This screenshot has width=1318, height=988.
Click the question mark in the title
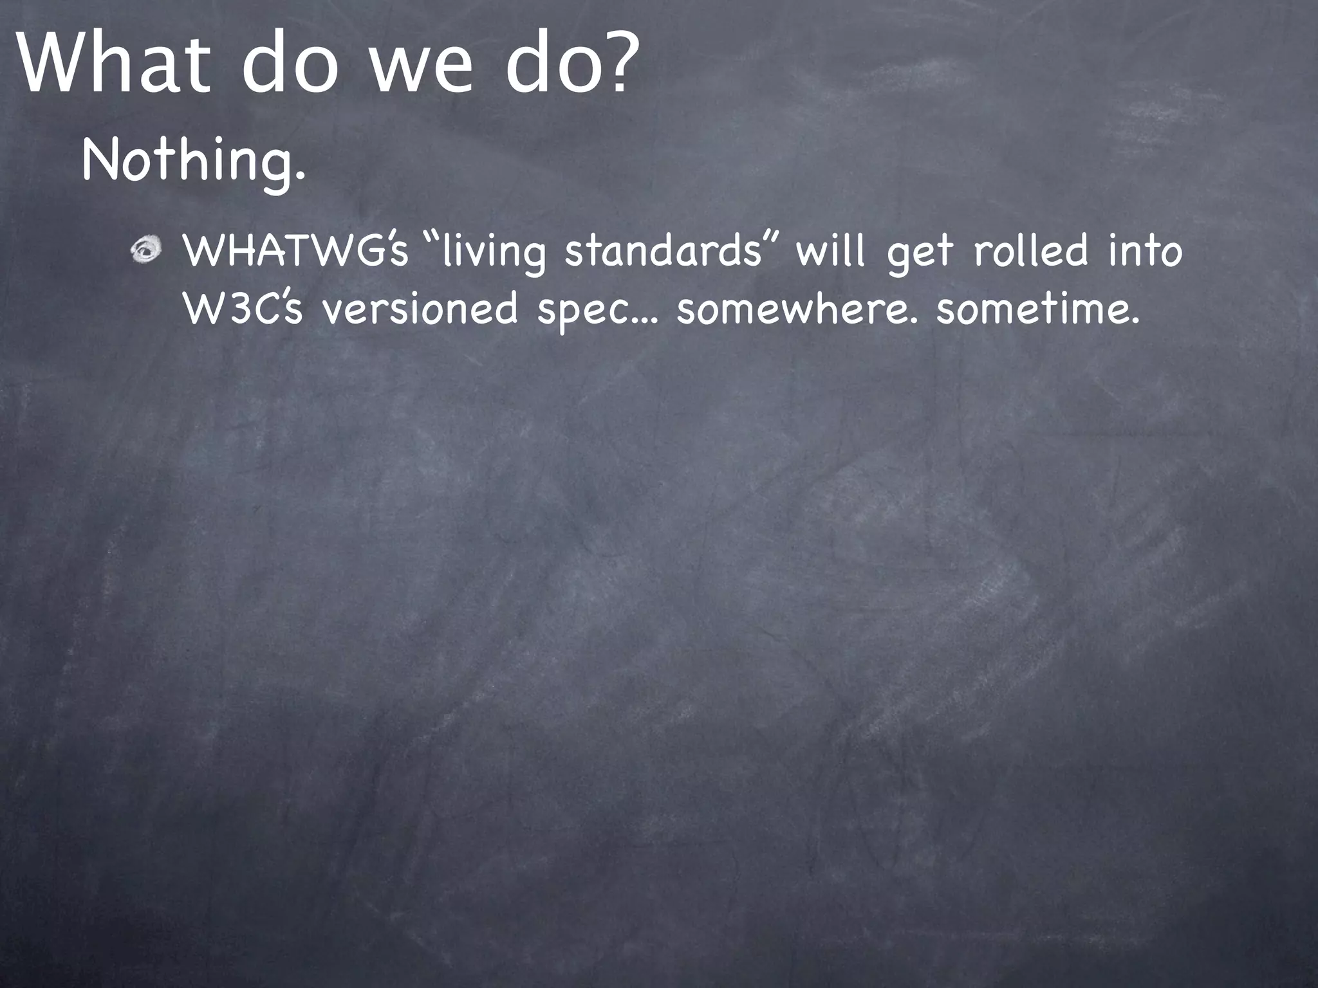pyautogui.click(x=615, y=61)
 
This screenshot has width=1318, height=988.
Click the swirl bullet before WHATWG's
pyautogui.click(x=147, y=251)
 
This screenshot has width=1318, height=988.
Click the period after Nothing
pyautogui.click(x=299, y=176)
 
